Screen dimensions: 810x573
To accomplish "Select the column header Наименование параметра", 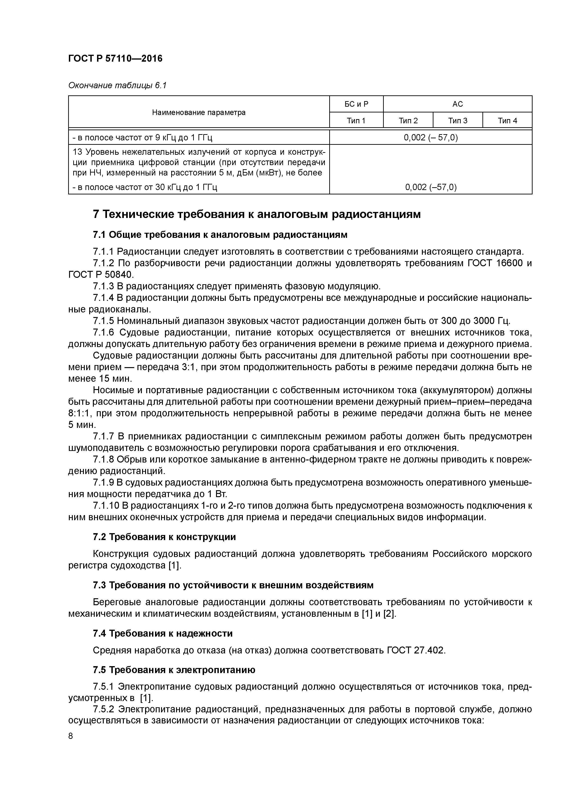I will pyautogui.click(x=199, y=112).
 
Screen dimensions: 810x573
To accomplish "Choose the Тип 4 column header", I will pyautogui.click(x=507, y=121).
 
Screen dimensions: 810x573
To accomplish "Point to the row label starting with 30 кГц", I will pyautogui.click(x=145, y=187).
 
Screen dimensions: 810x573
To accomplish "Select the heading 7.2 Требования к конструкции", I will pyautogui.click(x=164, y=537).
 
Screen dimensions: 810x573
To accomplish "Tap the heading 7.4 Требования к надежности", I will pyautogui.click(x=162, y=633).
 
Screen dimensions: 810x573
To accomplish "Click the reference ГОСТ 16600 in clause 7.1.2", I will pyautogui.click(x=495, y=263).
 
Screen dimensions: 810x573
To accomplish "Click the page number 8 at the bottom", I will pyautogui.click(x=71, y=736).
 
